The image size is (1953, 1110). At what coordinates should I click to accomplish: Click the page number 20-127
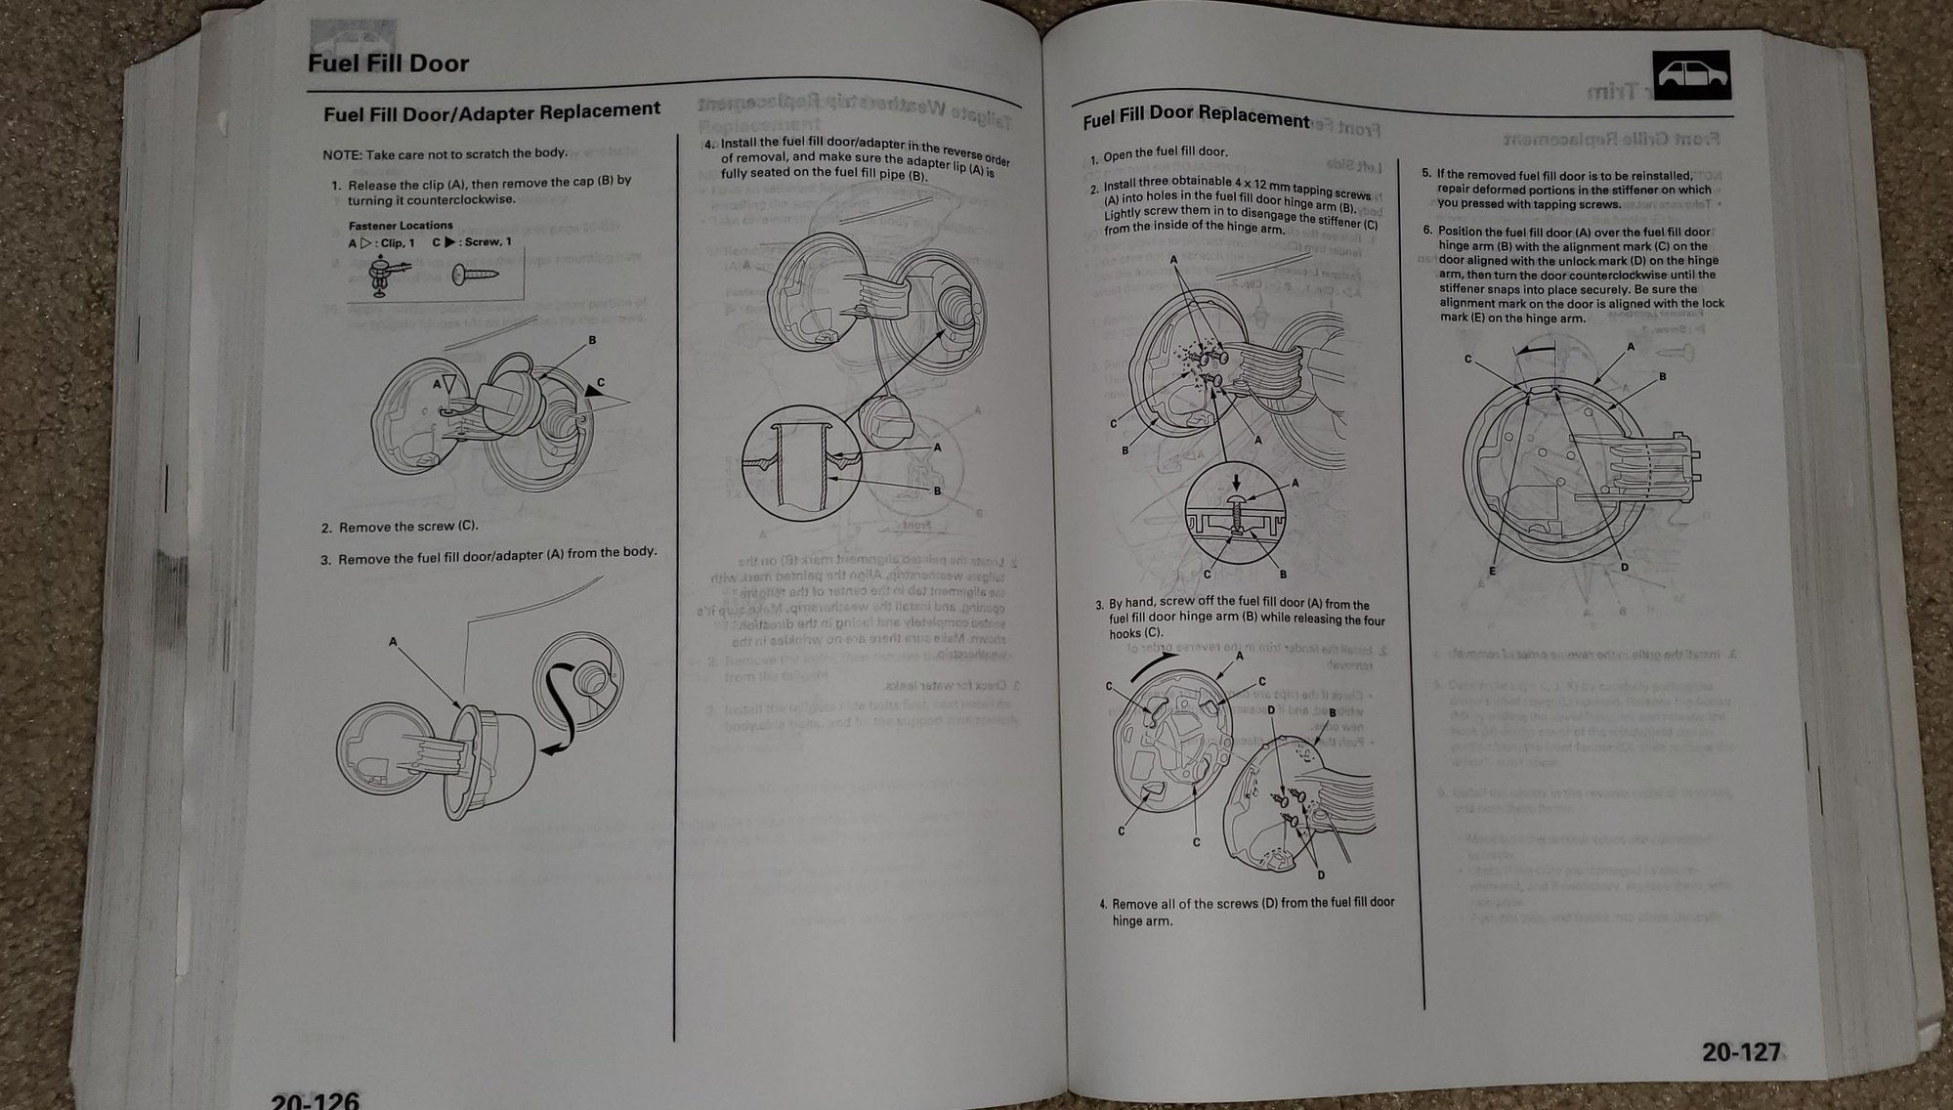click(x=1741, y=1052)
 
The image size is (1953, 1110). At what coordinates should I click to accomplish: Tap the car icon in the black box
click(x=1691, y=75)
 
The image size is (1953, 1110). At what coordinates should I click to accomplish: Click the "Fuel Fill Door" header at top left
click(x=388, y=64)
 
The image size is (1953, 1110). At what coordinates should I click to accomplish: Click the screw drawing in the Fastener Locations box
click(x=475, y=275)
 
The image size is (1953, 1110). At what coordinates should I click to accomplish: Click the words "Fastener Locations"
click(x=401, y=226)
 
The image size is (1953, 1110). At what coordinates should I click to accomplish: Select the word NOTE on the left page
click(x=342, y=155)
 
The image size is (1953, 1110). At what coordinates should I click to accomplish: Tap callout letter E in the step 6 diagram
click(x=1492, y=572)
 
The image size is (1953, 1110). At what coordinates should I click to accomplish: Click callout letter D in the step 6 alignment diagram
click(x=1624, y=568)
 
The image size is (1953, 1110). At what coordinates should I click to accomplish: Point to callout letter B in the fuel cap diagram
click(x=592, y=340)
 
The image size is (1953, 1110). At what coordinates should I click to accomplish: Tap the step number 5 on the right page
click(x=1426, y=173)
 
